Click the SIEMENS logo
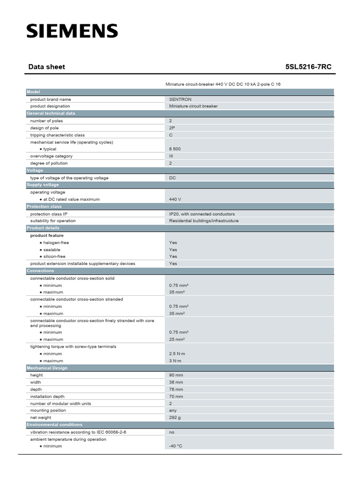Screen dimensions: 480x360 pos(72,31)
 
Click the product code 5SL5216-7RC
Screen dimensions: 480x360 pos(308,67)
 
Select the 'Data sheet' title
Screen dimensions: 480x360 pos(47,67)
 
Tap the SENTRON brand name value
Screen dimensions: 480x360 pos(180,99)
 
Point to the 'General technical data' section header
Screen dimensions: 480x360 pos(51,113)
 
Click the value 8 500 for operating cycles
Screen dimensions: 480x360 pos(175,149)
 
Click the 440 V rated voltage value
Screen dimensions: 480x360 pos(175,199)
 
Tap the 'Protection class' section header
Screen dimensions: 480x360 pos(44,206)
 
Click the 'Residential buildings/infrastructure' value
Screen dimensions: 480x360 pos(203,221)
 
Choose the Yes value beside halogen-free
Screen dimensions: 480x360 pos(173,243)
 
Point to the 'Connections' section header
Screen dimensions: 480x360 pos(40,271)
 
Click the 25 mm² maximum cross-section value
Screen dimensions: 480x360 pos(177,339)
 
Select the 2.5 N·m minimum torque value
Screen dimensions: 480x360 pos(175,354)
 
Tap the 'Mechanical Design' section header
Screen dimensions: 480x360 pos(47,368)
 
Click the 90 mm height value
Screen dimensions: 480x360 pos(176,375)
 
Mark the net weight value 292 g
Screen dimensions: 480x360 pos(174,417)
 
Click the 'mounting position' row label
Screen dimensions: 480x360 pos(48,410)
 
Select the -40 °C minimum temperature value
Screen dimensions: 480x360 pos(175,446)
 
